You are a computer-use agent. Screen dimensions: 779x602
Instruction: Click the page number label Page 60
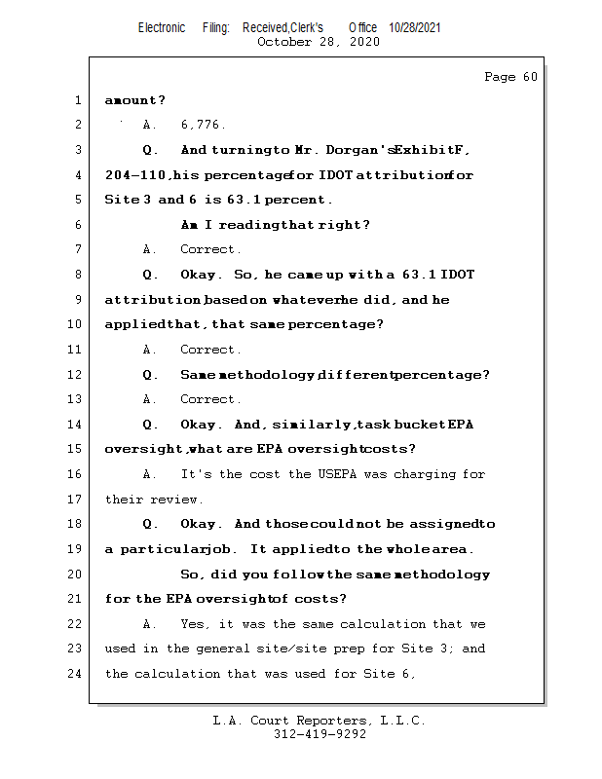coord(510,77)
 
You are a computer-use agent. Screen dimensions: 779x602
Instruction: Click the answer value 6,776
coord(203,125)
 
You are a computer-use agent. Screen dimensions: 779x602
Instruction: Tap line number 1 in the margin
coord(77,100)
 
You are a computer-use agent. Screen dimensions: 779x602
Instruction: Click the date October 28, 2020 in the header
coord(318,42)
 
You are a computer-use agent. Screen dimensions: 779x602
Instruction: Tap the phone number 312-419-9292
coord(320,735)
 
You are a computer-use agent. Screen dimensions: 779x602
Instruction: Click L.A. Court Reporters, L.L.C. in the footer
coord(320,721)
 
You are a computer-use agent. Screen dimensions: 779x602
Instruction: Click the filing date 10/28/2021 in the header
coord(414,27)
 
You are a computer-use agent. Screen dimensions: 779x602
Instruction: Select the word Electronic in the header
coord(162,27)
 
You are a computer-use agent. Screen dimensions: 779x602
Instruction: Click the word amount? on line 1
coord(134,100)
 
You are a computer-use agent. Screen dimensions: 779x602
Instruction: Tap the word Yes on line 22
coord(192,624)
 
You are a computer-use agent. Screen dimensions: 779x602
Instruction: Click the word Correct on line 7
coord(209,250)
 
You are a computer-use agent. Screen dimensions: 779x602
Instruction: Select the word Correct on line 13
coord(209,399)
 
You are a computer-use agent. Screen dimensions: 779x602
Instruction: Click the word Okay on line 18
coord(198,524)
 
